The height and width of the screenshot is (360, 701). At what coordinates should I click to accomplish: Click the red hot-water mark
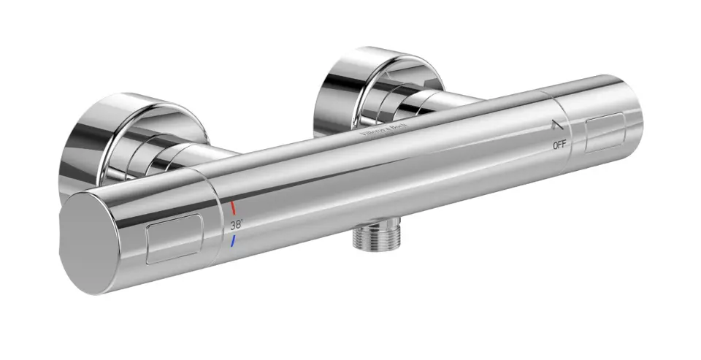click(232, 207)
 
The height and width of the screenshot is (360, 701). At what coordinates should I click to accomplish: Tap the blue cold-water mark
click(231, 240)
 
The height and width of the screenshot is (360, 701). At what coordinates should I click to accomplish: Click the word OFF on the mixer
click(559, 145)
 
